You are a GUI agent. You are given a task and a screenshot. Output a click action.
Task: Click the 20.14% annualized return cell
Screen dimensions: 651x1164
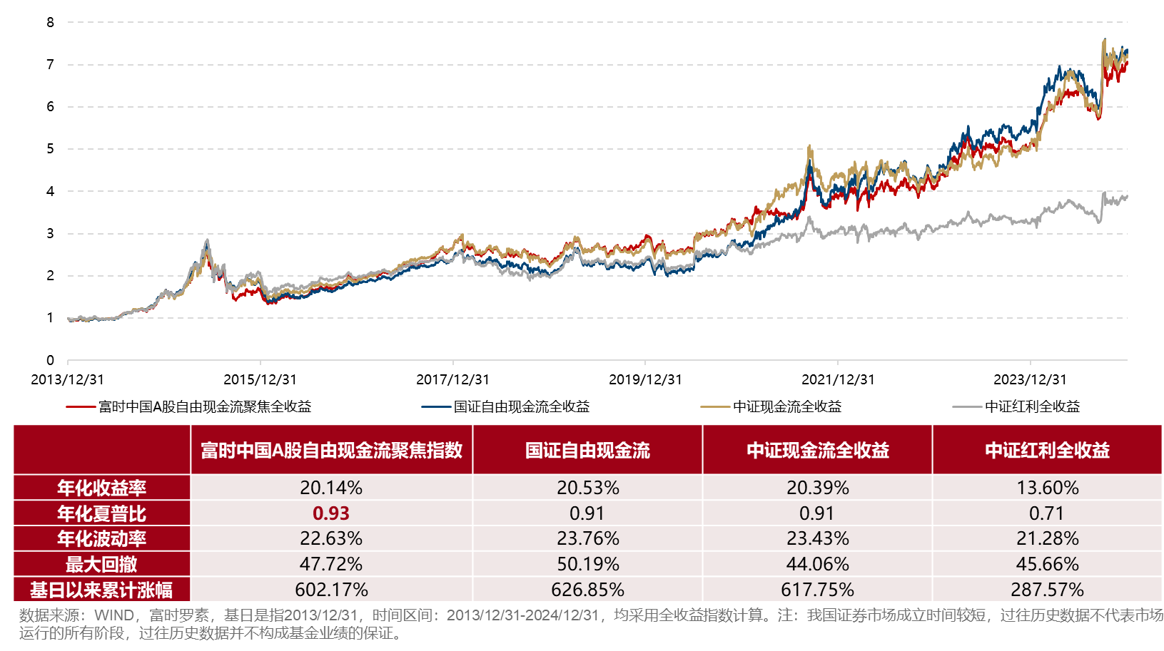(x=331, y=488)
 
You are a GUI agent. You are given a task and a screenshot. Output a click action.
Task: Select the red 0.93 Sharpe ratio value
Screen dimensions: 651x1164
(x=331, y=513)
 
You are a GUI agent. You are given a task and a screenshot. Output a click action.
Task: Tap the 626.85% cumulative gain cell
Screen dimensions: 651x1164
(x=587, y=590)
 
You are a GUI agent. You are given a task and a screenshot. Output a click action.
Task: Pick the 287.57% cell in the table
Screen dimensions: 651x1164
(x=1047, y=590)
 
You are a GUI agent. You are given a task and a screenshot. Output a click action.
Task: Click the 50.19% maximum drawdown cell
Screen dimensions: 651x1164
(x=587, y=564)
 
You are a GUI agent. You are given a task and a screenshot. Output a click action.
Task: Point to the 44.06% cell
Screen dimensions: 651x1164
(x=817, y=564)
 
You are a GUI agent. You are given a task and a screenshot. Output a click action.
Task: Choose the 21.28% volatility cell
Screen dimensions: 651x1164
(x=1047, y=538)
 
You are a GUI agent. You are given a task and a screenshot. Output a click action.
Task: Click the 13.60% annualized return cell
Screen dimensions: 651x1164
(x=1047, y=488)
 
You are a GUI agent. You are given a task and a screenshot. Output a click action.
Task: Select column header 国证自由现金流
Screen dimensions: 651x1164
(x=587, y=450)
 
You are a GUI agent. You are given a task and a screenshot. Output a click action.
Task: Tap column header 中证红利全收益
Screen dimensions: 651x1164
(x=1047, y=450)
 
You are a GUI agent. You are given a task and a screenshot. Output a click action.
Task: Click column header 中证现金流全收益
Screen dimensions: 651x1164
(x=817, y=450)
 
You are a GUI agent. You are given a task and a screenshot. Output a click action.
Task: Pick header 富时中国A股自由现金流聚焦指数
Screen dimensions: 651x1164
(x=331, y=450)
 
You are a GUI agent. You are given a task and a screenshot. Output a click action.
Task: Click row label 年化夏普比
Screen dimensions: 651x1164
(x=101, y=513)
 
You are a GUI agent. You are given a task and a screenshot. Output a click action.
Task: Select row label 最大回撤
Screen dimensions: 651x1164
(x=101, y=564)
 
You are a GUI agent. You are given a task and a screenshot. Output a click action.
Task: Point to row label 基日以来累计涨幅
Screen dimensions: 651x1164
(x=101, y=590)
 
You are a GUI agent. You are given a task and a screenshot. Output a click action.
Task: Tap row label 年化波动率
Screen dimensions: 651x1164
(x=101, y=538)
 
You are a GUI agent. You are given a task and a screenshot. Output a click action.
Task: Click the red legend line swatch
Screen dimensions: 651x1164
(x=81, y=406)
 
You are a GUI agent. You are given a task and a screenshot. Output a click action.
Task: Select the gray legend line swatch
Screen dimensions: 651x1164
(x=967, y=406)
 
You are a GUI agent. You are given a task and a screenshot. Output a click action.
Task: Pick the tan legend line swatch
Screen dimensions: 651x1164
(x=715, y=406)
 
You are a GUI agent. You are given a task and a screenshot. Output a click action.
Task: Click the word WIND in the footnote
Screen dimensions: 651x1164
(x=114, y=615)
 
